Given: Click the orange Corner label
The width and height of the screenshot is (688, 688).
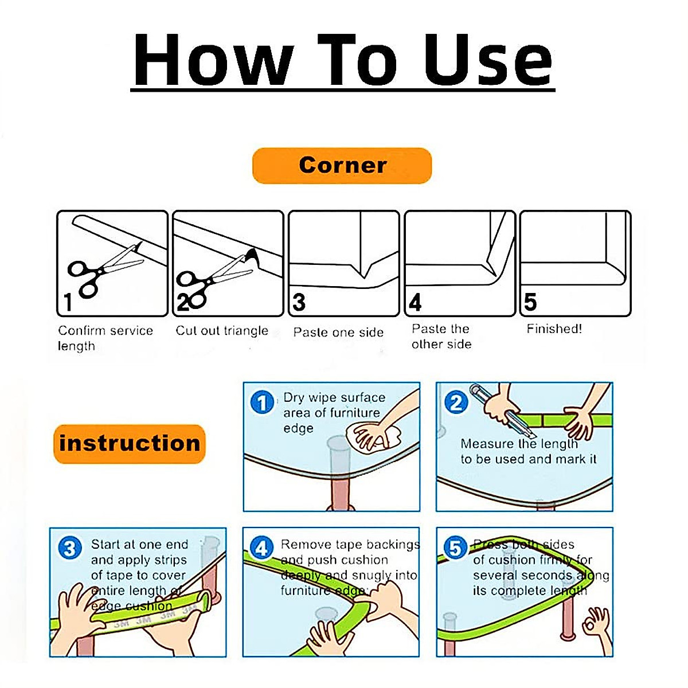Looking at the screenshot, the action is point(342,166).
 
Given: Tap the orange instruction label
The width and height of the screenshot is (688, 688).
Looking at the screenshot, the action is point(129,443).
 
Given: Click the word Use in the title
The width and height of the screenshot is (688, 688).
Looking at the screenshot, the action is point(487,60).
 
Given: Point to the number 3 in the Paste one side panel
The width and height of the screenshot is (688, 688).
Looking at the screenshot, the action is point(299,302).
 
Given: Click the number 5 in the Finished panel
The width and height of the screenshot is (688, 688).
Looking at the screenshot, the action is point(530,302).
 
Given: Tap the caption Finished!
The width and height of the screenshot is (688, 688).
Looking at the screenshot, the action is point(554,329).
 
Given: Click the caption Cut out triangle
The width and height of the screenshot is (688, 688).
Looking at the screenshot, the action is point(222,331).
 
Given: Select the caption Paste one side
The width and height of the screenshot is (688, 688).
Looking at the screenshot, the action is point(338,333).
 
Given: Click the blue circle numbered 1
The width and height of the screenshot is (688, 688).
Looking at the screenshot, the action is point(262,402).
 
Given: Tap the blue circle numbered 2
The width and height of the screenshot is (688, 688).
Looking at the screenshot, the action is point(456,402).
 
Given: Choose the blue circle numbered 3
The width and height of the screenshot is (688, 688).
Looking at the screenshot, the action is point(69,548).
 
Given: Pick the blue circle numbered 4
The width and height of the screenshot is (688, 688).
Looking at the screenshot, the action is point(261,548).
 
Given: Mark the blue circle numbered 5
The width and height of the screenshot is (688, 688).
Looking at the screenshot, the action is point(455,548).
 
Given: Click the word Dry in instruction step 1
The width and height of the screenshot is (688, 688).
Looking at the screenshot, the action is point(294,398).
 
